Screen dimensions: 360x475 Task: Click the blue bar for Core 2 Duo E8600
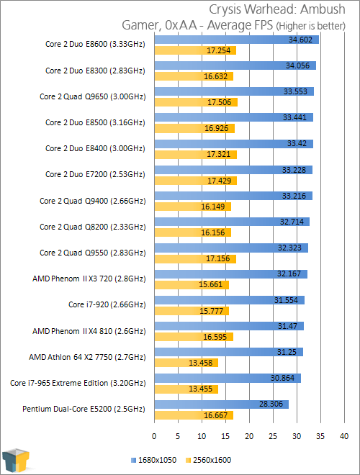[237, 40]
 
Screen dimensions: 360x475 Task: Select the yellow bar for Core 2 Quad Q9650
[196, 102]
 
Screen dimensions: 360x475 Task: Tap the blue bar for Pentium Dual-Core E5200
[222, 404]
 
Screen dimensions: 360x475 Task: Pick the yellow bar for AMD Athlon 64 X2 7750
[186, 363]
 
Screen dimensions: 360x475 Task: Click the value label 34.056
[297, 65]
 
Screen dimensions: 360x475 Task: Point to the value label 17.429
[219, 181]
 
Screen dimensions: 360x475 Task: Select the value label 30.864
[282, 378]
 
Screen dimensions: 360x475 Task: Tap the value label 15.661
[211, 284]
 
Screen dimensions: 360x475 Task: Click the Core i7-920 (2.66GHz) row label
[107, 304]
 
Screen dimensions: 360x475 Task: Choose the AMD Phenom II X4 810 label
[89, 331]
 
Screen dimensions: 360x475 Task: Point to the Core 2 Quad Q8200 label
[93, 227]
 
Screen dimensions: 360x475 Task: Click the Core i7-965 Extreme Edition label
[78, 383]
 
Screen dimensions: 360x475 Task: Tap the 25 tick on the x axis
[273, 436]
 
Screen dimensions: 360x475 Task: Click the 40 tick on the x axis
[344, 436]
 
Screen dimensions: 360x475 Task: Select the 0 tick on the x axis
[154, 436]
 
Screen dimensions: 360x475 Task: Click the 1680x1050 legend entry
[153, 460]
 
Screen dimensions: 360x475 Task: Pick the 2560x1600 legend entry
[209, 460]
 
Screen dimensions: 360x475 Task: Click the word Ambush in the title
[323, 9]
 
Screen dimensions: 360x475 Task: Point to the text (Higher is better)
[310, 26]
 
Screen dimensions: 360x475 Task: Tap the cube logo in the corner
[16, 461]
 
